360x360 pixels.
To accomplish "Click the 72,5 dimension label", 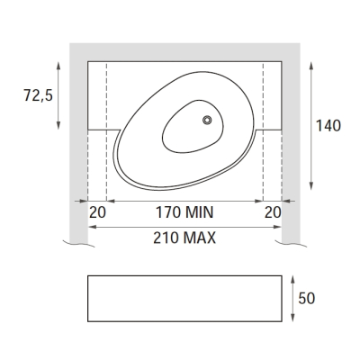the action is coord(38,95).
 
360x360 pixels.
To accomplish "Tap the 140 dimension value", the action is coord(328,126).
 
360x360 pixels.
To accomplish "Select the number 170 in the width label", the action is coord(168,212).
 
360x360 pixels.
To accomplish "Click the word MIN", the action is coord(200,212).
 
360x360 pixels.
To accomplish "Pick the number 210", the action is coord(166,238).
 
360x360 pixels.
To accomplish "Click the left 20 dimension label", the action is coord(97,212).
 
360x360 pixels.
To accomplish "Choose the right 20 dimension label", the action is coord(273,212).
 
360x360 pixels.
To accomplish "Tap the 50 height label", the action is coord(307,299).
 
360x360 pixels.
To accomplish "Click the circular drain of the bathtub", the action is coord(207,120).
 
